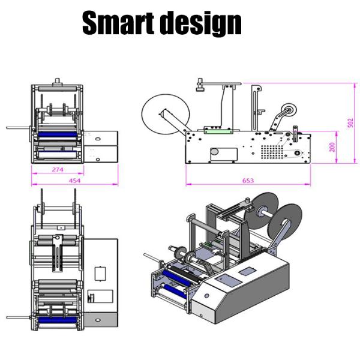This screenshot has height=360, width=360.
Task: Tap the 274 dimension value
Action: (x=57, y=170)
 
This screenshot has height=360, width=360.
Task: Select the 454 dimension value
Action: (x=74, y=181)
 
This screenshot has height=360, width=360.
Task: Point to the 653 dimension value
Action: (x=248, y=180)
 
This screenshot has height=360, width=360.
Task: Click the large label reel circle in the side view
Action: (x=163, y=113)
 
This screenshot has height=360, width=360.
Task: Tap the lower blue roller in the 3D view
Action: (x=175, y=293)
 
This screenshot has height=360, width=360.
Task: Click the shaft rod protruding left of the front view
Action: (x=18, y=128)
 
